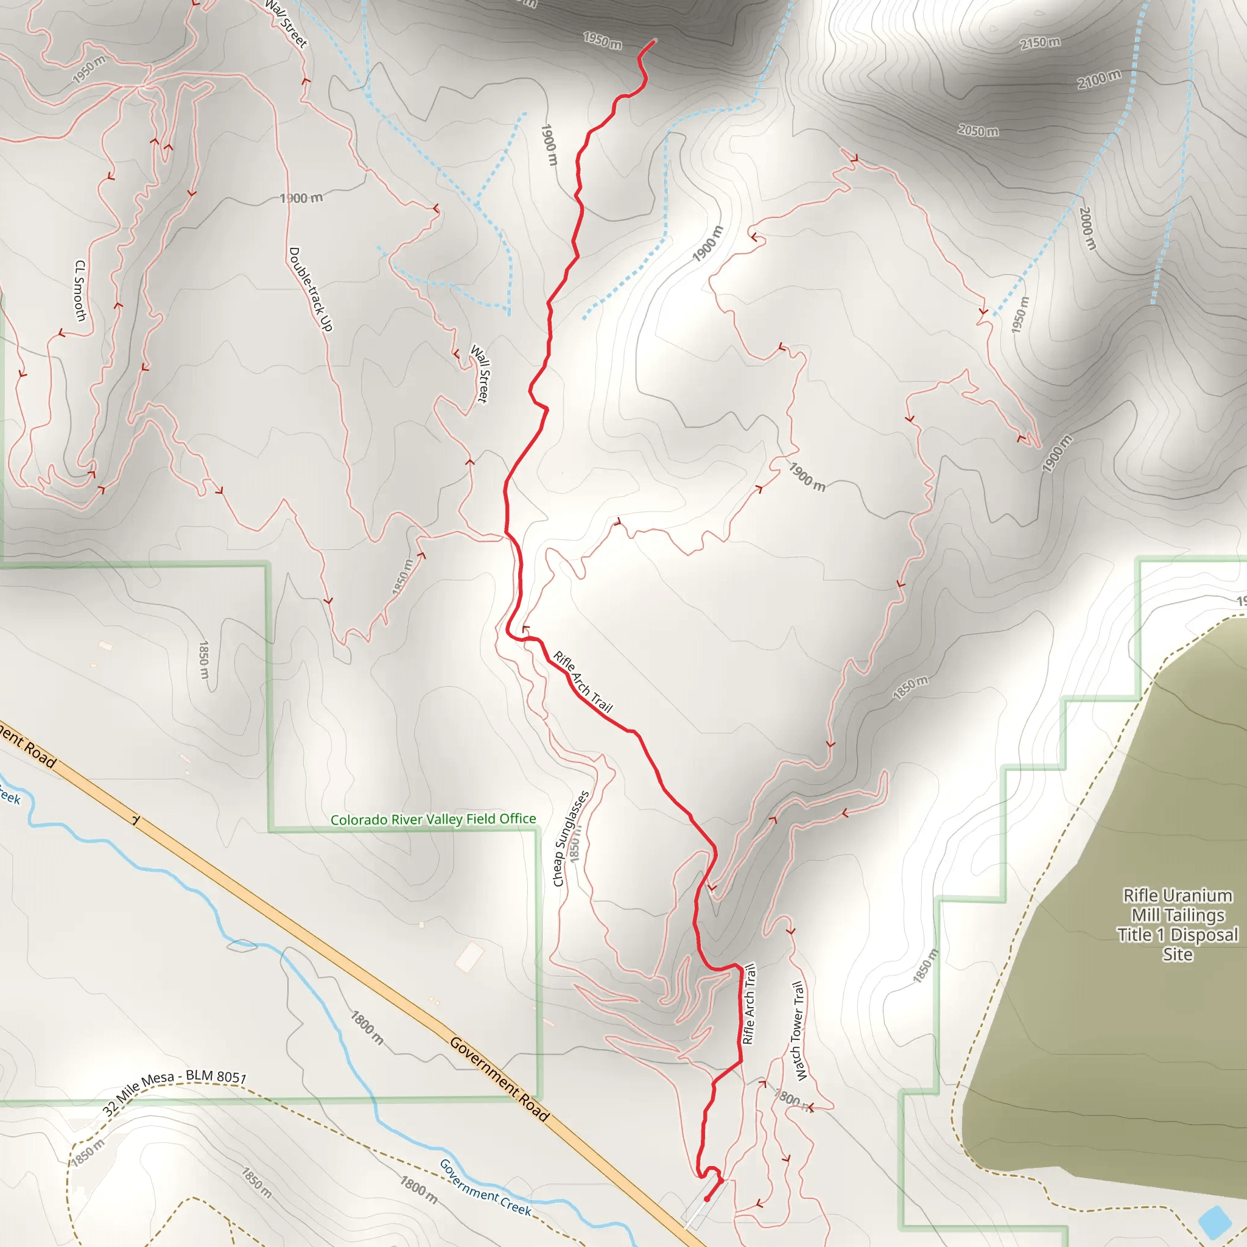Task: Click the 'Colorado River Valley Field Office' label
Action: [x=433, y=819]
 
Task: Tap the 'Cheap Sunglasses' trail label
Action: [x=571, y=838]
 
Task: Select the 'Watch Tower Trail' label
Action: [x=798, y=1031]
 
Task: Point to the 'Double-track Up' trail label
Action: [x=311, y=289]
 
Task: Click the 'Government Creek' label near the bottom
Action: [x=485, y=1187]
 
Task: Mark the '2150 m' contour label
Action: [x=1040, y=43]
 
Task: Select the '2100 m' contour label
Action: [x=1098, y=79]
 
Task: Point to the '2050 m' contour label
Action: [x=978, y=130]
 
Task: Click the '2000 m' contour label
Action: [x=1087, y=228]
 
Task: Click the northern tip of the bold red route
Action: [x=655, y=41]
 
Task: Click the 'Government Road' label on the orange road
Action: [x=499, y=1078]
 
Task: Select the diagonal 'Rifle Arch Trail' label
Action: [x=582, y=681]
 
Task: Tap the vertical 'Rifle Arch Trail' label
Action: [x=749, y=1003]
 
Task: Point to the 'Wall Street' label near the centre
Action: [x=480, y=374]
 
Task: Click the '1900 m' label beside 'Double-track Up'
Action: [x=301, y=197]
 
